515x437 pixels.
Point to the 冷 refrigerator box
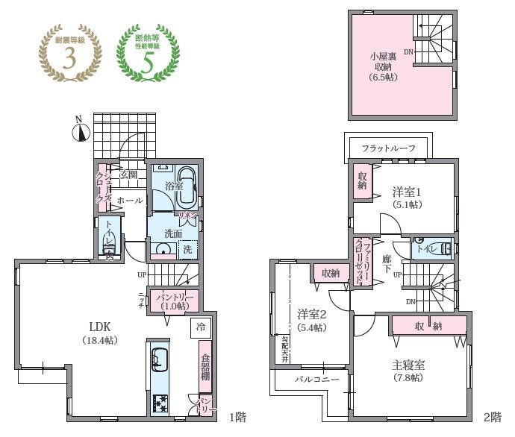200,326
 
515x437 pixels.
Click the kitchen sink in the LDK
159,358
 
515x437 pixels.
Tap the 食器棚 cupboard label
205,366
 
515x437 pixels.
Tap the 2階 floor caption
491,415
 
